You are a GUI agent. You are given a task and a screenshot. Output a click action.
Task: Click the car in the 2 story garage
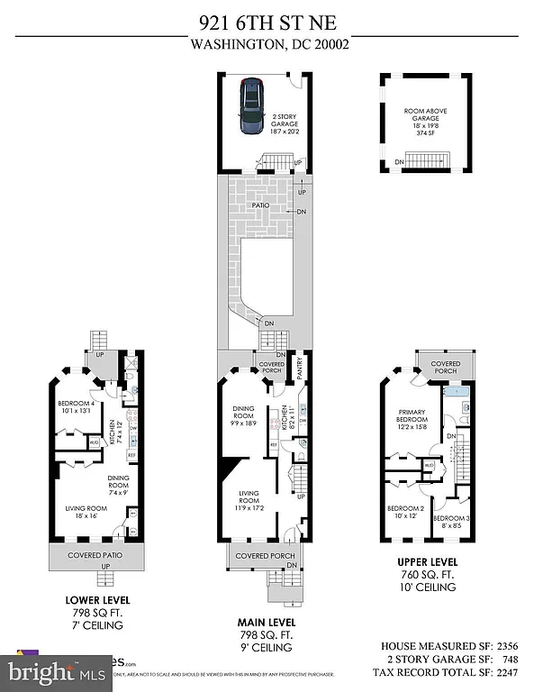click(x=250, y=107)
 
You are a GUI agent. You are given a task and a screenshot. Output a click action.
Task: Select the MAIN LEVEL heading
click(x=266, y=623)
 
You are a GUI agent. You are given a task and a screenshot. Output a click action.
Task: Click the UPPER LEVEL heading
click(x=422, y=563)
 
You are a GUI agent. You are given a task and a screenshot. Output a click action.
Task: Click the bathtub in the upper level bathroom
click(x=455, y=393)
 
